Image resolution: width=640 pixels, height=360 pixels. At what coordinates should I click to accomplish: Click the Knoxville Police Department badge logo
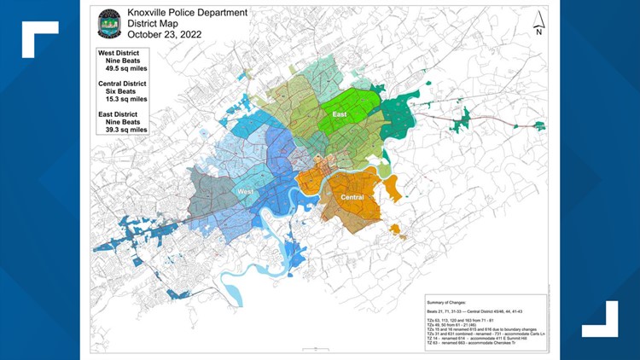[109, 23]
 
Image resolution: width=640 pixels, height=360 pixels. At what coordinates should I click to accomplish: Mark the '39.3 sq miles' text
[125, 130]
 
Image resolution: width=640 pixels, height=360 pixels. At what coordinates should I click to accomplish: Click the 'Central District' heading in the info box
[122, 84]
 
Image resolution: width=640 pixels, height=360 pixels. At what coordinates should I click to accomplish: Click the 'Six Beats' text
[125, 93]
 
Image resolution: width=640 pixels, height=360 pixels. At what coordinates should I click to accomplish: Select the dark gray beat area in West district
[210, 187]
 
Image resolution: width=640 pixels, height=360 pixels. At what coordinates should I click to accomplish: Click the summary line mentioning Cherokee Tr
[478, 345]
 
